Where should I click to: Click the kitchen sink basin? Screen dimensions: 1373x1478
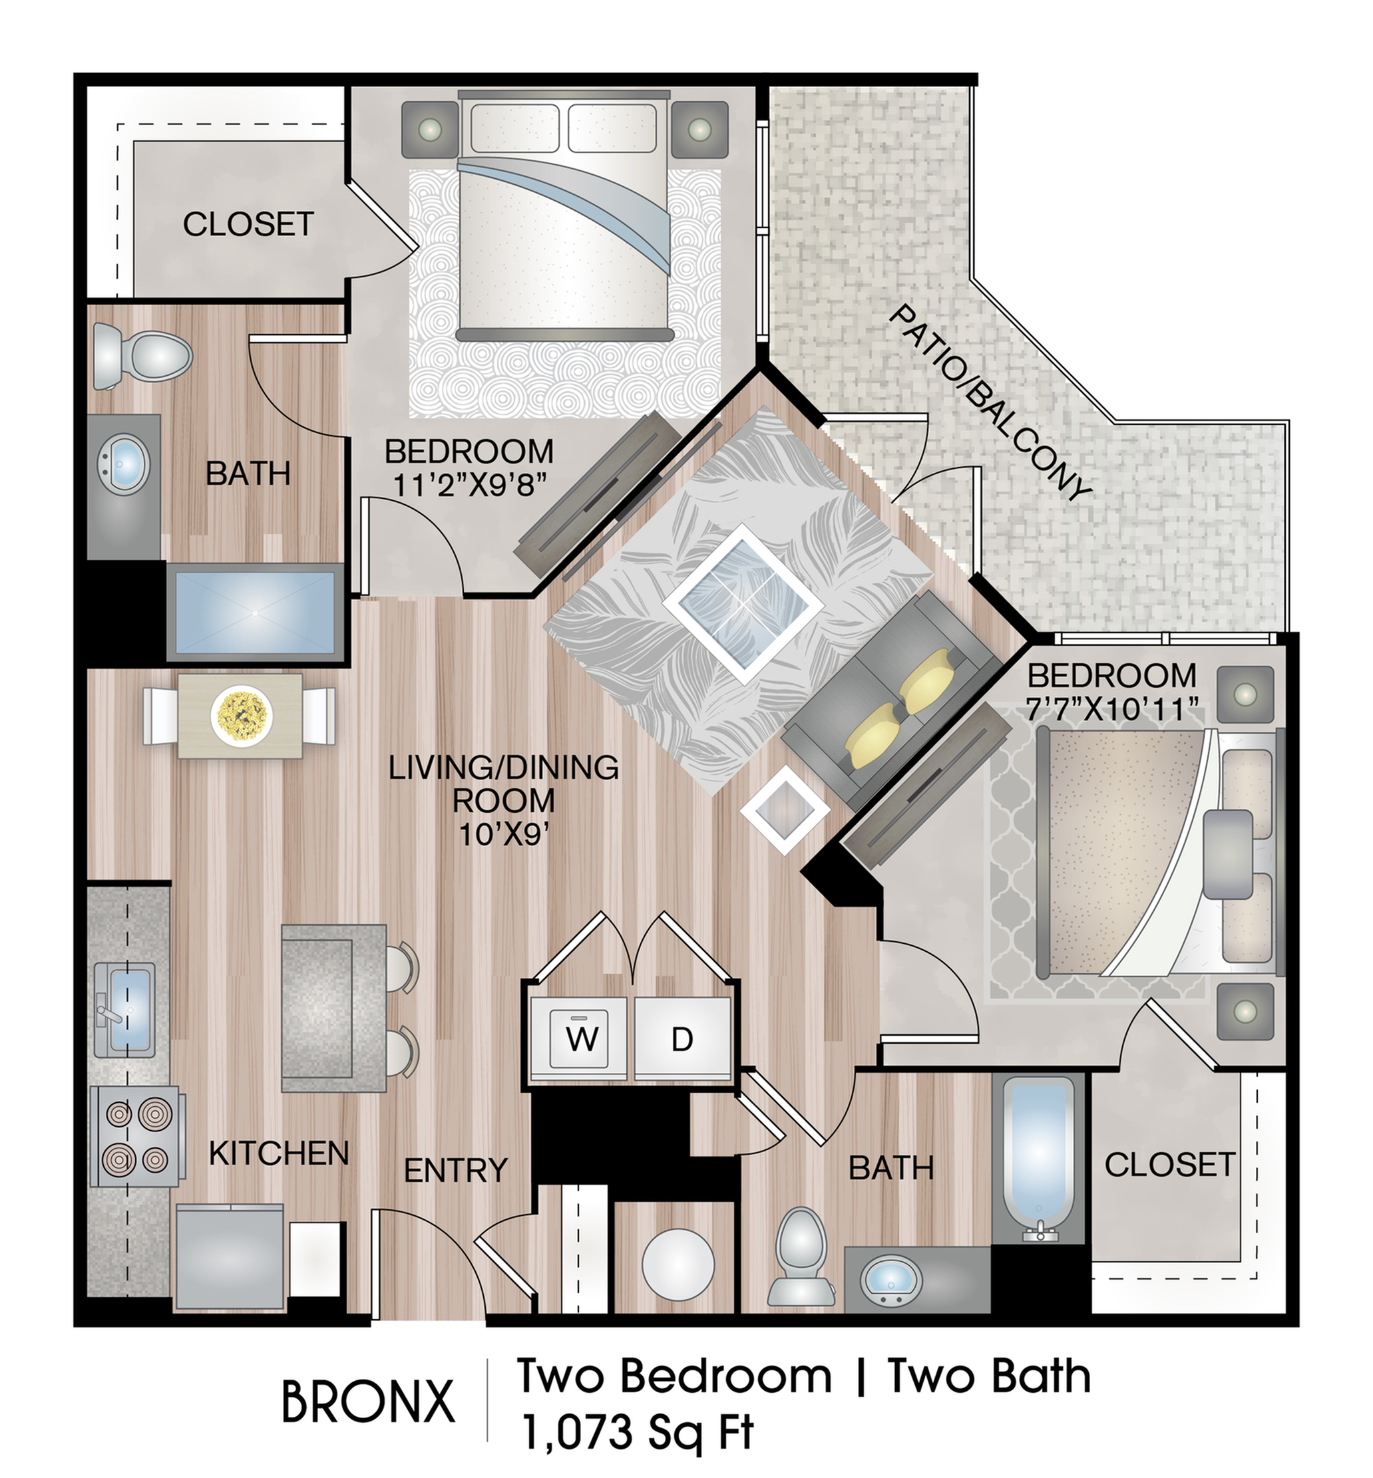click(x=125, y=1011)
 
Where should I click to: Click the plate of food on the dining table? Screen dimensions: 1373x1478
click(x=242, y=714)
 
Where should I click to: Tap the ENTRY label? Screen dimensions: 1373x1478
click(x=455, y=1171)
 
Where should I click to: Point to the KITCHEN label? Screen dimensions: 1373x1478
click(x=279, y=1153)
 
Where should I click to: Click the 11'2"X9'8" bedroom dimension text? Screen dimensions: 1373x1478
click(x=470, y=486)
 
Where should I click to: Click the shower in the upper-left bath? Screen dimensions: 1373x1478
click(x=255, y=613)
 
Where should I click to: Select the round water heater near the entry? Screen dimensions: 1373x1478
click(x=678, y=1264)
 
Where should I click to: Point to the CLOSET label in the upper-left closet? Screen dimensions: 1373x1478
click(x=248, y=223)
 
